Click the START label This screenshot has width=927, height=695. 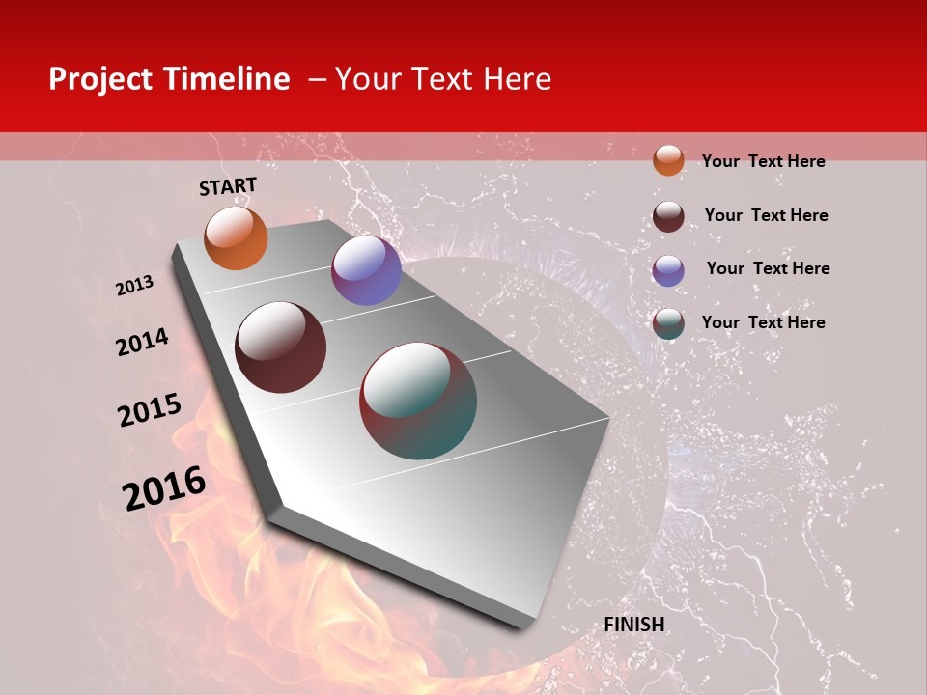click(x=228, y=186)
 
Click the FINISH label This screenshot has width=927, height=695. click(x=634, y=625)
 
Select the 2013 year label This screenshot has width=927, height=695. click(x=135, y=286)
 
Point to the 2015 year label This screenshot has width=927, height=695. click(x=150, y=410)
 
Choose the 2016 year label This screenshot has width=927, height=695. click(x=164, y=487)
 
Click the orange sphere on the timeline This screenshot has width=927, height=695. click(x=236, y=238)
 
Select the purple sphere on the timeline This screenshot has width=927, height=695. click(x=366, y=270)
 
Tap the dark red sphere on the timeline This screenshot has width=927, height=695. click(x=281, y=347)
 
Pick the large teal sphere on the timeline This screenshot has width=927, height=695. click(x=418, y=400)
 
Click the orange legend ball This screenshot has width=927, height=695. click(x=668, y=160)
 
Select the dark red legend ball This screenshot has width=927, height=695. click(x=668, y=216)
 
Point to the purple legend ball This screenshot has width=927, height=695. click(x=668, y=270)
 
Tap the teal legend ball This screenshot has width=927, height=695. click(x=668, y=323)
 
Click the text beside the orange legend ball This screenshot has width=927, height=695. click(x=763, y=161)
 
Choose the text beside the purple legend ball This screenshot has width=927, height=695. click(x=768, y=268)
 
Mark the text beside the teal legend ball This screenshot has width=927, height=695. click(x=763, y=322)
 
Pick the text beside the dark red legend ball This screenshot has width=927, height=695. click(x=766, y=215)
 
